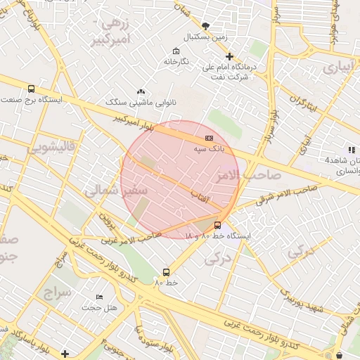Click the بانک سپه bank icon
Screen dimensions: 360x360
[209, 139]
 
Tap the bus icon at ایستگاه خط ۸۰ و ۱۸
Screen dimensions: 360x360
[217, 226]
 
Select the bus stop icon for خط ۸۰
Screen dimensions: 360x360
[166, 271]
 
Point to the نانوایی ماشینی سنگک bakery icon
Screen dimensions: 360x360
[141, 91]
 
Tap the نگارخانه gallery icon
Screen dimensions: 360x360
[174, 51]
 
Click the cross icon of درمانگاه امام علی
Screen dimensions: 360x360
[229, 56]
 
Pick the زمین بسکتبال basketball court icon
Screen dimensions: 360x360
[205, 25]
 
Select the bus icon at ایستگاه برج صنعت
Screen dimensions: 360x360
[31, 89]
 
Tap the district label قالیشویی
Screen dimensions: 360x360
[50, 148]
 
